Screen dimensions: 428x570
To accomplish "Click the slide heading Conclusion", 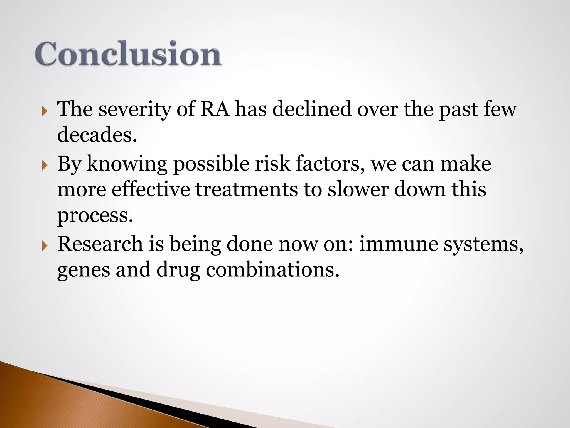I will [x=128, y=53].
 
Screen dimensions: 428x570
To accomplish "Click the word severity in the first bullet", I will [x=135, y=109].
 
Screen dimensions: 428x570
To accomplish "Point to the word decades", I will [x=97, y=134].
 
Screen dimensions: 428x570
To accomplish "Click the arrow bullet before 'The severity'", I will [x=45, y=112].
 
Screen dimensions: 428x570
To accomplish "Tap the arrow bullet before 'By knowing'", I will [x=45, y=166].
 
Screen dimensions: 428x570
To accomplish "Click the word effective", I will [x=151, y=189].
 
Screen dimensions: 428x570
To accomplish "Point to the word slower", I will [x=358, y=189].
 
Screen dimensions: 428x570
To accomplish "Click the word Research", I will [x=100, y=244].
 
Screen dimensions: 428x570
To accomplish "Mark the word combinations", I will [x=273, y=270].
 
